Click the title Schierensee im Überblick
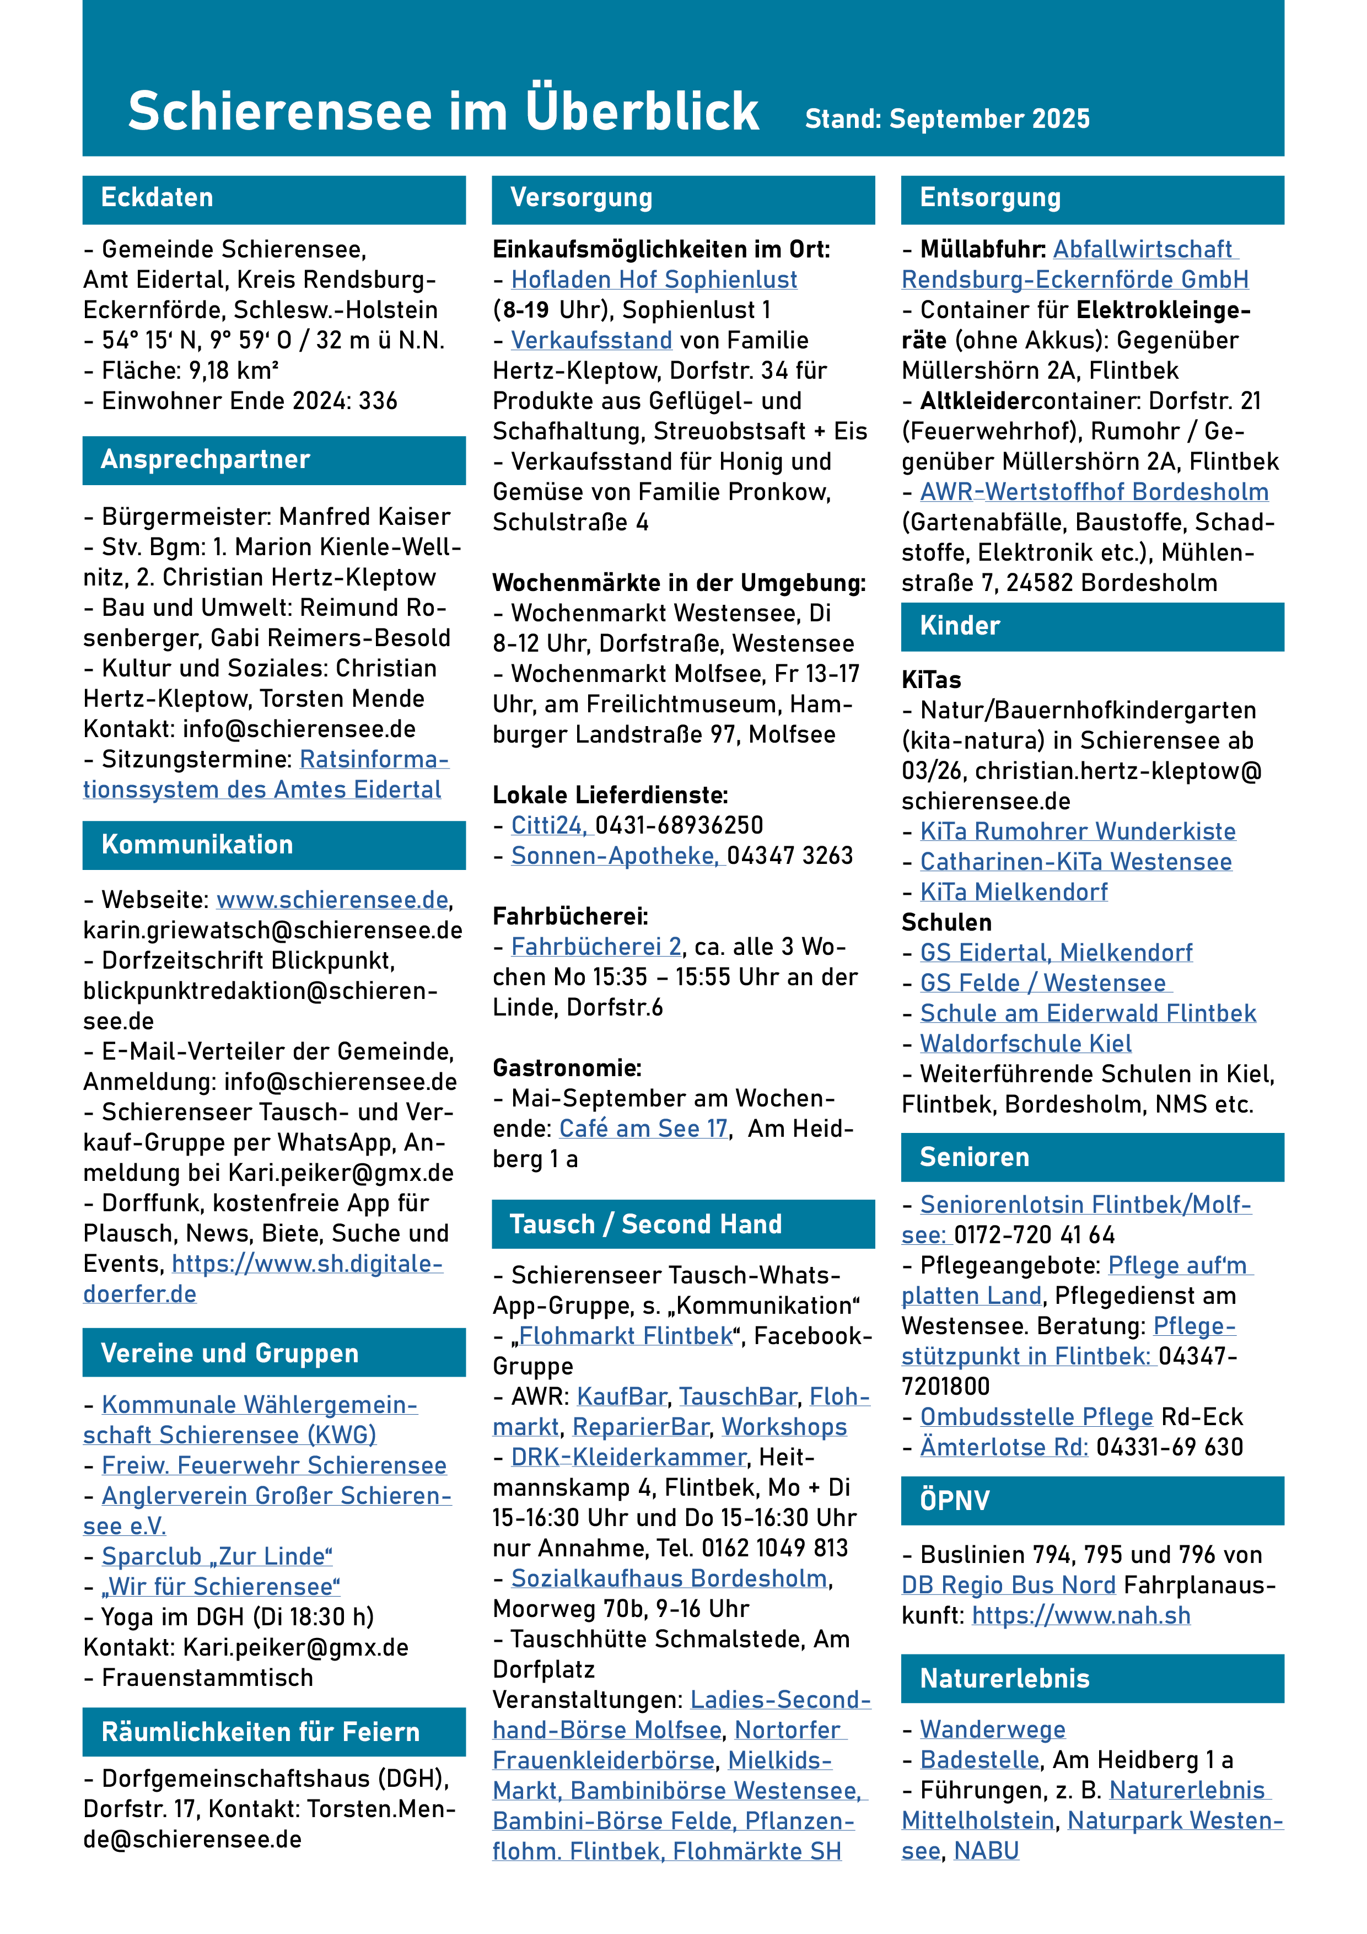click(443, 111)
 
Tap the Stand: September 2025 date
click(947, 119)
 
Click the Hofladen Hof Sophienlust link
click(654, 280)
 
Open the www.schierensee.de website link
click(332, 900)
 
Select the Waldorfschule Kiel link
click(1025, 1044)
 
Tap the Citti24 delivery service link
click(547, 825)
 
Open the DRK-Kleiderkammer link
click(628, 1457)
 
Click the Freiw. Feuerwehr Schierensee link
click(274, 1466)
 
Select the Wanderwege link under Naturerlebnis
click(992, 1729)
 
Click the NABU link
click(986, 1851)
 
